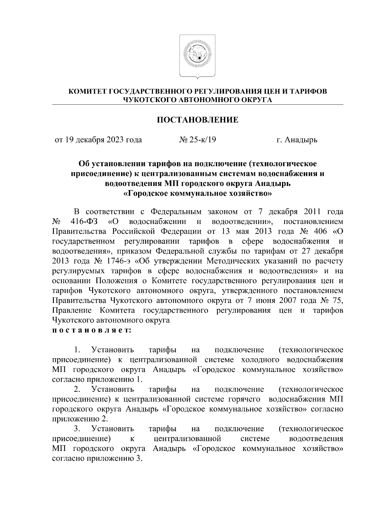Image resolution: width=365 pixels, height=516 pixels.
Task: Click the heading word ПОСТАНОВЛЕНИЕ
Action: point(197,120)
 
